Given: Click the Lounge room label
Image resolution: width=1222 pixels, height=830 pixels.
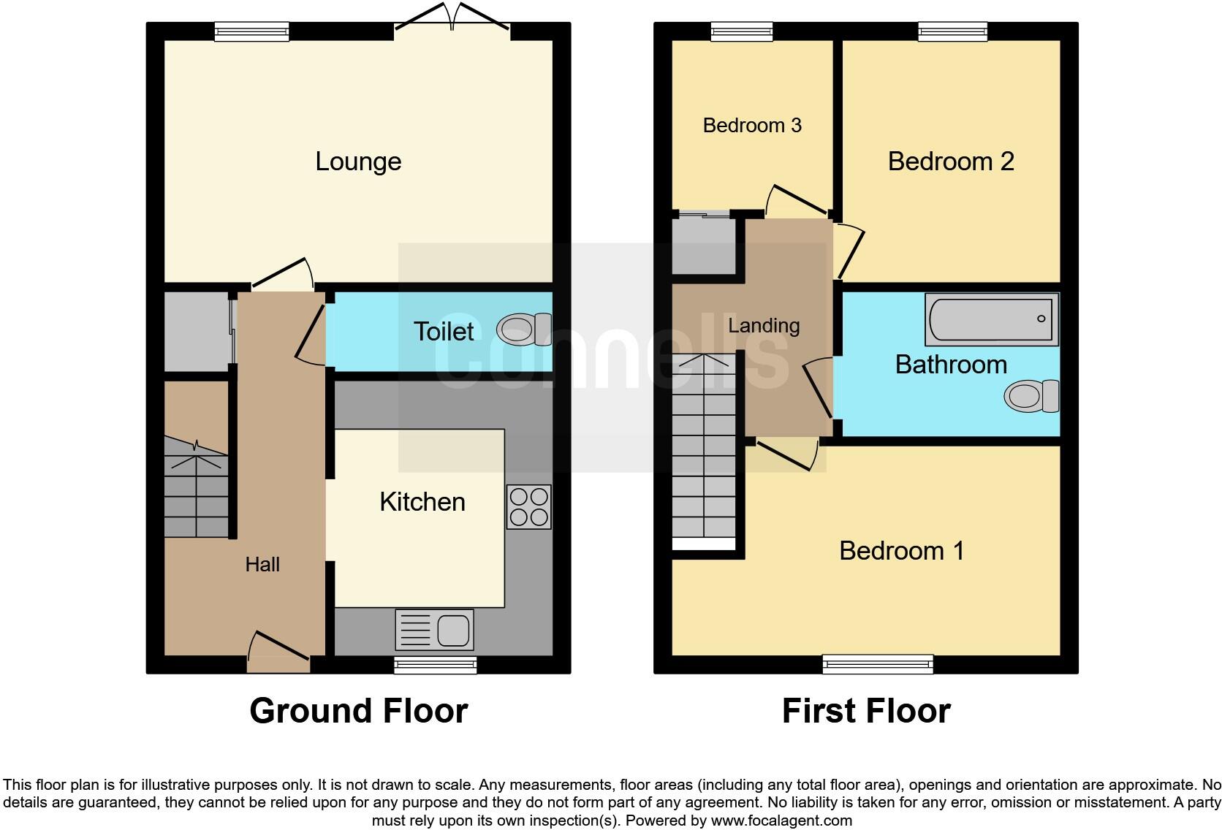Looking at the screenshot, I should [x=358, y=161].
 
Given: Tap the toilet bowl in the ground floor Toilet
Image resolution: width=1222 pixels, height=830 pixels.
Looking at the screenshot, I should [x=523, y=330].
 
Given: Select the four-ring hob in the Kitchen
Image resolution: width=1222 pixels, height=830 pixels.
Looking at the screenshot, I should [x=528, y=506].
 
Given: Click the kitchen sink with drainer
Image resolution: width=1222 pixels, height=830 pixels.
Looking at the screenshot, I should [x=434, y=629].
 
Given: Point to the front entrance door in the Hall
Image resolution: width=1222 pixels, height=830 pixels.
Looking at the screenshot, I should [x=278, y=652].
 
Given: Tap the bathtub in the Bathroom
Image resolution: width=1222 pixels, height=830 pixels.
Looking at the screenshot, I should [x=991, y=319].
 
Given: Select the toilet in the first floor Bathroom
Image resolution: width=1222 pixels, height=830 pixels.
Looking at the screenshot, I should [x=1031, y=397].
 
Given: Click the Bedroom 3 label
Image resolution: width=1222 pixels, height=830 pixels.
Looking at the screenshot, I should [x=752, y=126].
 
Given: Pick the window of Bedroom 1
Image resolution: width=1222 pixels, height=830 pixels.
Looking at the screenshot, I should [x=877, y=663].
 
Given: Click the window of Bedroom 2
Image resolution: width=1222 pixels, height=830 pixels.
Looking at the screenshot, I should [x=953, y=31].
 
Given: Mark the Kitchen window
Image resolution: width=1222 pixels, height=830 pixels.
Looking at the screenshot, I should [x=435, y=664].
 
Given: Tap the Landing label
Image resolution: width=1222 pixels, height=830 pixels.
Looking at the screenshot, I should [x=764, y=326].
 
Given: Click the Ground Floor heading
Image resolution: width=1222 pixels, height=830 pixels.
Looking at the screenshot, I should [x=358, y=711].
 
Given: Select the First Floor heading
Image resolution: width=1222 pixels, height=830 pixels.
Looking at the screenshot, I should [x=866, y=711].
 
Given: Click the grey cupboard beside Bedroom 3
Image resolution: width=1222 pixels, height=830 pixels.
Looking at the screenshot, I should [x=703, y=245].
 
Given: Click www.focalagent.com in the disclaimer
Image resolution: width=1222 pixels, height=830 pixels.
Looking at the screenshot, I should [x=781, y=821].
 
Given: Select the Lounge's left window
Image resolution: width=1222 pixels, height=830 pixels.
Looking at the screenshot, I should [x=252, y=31].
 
